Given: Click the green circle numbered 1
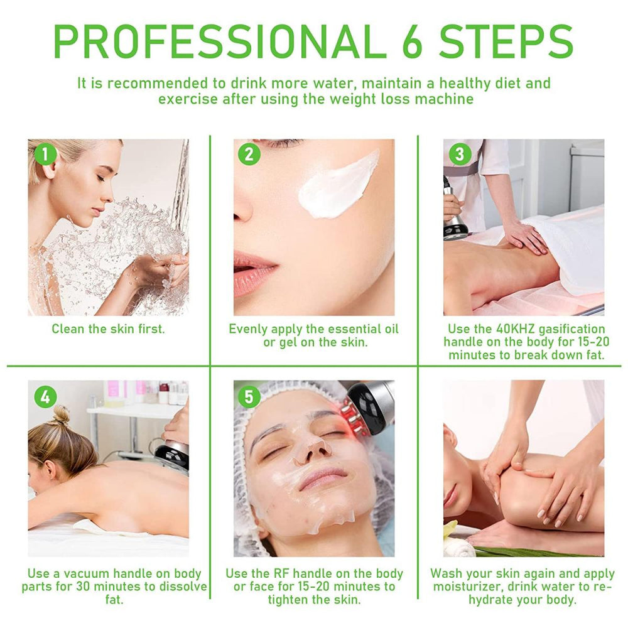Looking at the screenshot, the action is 45,154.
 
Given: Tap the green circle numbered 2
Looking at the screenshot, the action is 249,154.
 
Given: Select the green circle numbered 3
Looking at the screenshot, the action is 460,154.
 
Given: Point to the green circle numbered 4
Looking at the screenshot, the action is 45,397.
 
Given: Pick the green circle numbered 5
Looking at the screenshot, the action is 249,396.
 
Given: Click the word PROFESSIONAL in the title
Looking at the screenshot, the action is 215,42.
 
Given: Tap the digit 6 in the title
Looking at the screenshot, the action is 413,42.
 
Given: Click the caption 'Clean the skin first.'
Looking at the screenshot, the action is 108,329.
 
